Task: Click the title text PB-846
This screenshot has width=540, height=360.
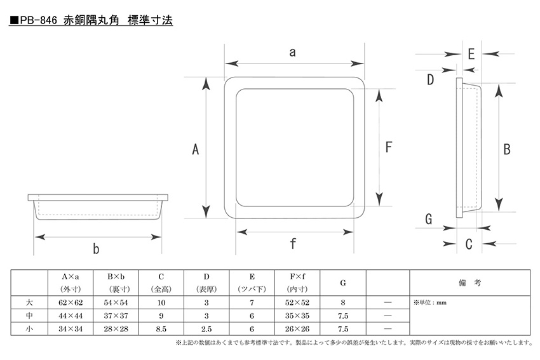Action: click(38, 20)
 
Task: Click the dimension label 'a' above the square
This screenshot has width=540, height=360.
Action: click(292, 52)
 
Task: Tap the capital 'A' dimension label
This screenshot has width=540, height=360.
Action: click(195, 149)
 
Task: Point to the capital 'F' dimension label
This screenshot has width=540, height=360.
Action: click(389, 147)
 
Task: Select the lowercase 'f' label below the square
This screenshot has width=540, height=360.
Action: click(293, 243)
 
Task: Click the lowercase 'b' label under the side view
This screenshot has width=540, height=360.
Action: click(96, 248)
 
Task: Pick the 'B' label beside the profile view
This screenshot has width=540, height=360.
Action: click(506, 149)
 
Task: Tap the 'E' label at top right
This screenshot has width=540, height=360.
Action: click(471, 54)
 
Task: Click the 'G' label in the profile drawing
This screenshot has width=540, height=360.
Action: click(428, 219)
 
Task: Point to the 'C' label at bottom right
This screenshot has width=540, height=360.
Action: click(469, 244)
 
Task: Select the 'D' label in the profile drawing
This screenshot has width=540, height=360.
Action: click(430, 79)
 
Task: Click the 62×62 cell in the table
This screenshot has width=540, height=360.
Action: click(71, 302)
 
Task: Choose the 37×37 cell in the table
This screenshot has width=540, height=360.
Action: click(116, 316)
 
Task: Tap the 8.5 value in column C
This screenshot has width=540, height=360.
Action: click(161, 329)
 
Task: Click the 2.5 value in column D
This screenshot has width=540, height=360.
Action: click(206, 329)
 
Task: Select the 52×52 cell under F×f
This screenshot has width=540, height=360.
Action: click(297, 302)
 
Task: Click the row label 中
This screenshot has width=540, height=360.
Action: click(29, 316)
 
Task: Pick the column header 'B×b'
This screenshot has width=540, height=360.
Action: click(116, 277)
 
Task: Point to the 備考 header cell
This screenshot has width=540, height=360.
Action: click(469, 283)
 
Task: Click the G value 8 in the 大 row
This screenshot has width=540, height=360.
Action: click(342, 302)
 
